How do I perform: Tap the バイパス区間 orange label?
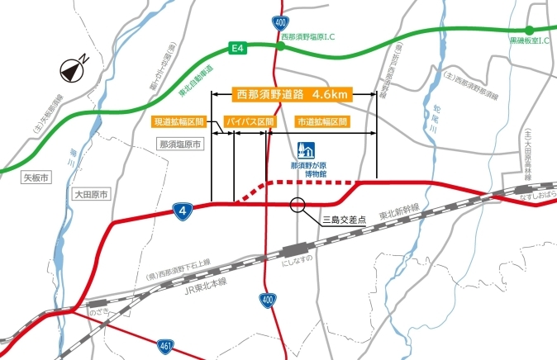coord(248,121)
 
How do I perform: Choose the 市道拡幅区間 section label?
coord(322,121)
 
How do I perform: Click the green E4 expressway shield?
coord(237,49)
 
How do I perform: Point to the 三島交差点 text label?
coord(340,220)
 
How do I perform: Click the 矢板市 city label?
coord(37,177)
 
